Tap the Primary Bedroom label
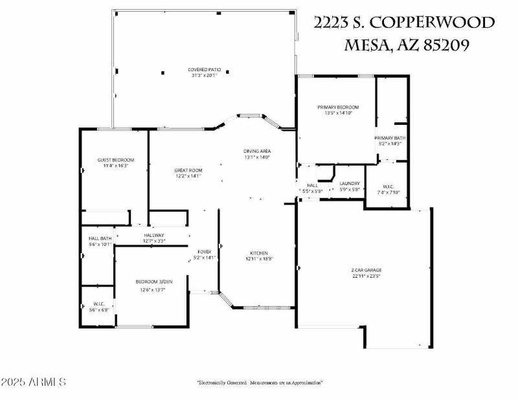tap(337, 107)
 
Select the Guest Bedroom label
tap(115, 160)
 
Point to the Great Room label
tap(188, 170)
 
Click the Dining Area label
tap(256, 150)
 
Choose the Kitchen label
tap(259, 253)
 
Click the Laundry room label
tap(350, 183)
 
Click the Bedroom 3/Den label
tap(154, 282)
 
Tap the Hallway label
tap(154, 235)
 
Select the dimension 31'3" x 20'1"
tap(203, 76)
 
